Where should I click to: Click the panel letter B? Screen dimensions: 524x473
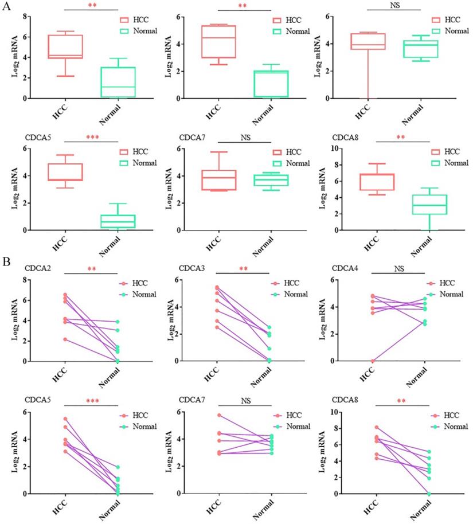click(6, 261)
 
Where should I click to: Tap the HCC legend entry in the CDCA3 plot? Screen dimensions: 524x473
click(291, 283)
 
